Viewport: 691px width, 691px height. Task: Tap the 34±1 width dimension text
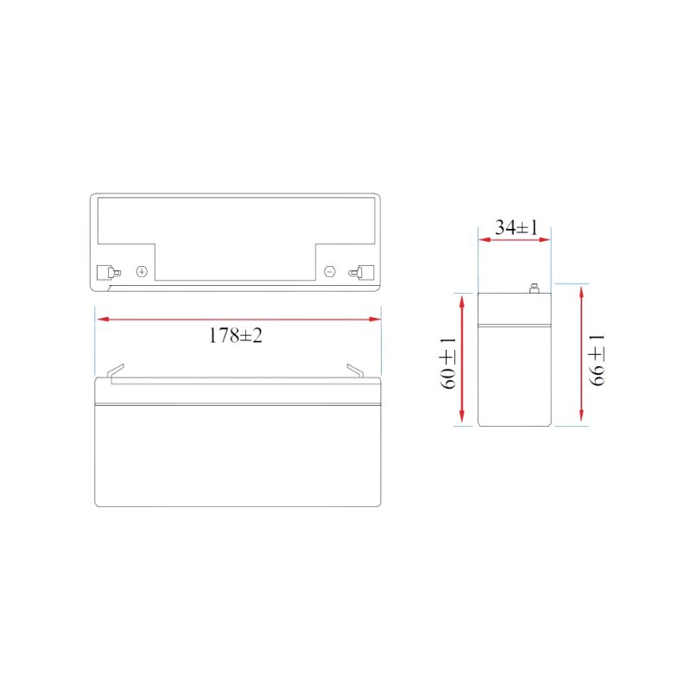point(516,227)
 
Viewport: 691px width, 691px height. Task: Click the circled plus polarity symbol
point(143,272)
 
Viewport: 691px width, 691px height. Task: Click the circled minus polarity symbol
point(329,272)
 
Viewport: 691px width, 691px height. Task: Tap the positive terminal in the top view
point(107,272)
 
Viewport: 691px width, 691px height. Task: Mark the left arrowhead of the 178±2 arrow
point(101,319)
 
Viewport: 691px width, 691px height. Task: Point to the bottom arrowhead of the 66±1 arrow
point(582,420)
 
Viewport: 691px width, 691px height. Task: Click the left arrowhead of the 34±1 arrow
point(484,240)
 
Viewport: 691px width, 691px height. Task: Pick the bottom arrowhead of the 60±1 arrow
point(465,420)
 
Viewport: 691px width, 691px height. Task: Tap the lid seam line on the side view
point(515,325)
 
